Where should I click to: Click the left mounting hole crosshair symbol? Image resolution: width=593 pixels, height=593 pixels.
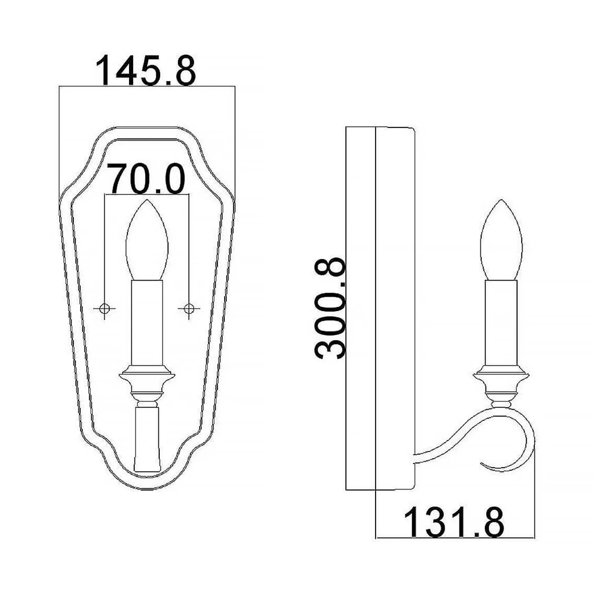click(105, 308)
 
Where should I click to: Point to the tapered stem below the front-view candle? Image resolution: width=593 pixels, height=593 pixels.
click(147, 439)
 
